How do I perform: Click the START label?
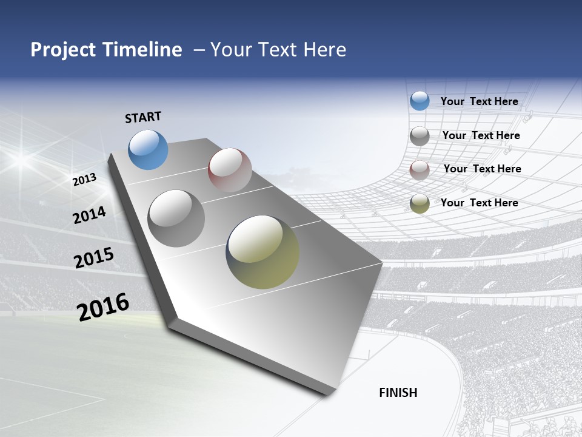(143, 117)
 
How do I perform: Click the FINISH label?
(398, 393)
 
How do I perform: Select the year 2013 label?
(84, 180)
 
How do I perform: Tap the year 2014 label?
(90, 215)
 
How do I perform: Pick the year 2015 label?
(94, 258)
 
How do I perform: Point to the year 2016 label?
(103, 307)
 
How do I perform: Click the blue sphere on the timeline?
(148, 149)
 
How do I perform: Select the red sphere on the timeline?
(230, 170)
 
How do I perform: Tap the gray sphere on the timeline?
(176, 218)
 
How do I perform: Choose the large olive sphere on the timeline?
(263, 252)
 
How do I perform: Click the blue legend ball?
(420, 101)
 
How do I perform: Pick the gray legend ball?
(420, 136)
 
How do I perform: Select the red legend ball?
(420, 170)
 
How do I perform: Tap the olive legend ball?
(420, 203)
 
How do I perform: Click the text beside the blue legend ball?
(479, 101)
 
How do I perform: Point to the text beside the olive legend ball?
(479, 203)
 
